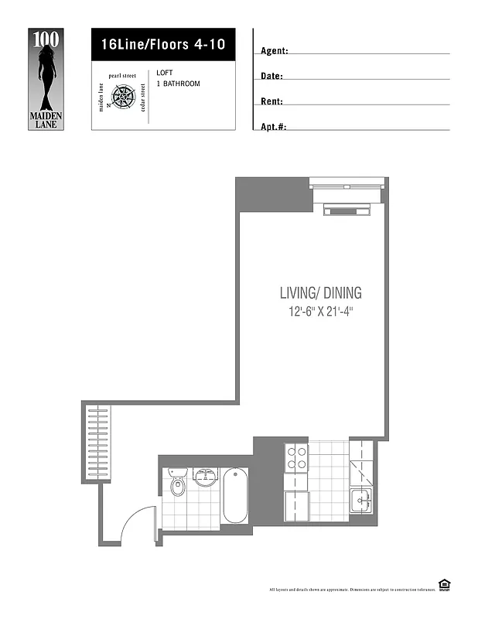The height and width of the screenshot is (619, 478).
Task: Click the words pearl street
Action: point(122,76)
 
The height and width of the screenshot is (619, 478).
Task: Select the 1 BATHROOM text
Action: point(178,84)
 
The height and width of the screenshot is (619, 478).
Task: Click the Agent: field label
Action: point(275,51)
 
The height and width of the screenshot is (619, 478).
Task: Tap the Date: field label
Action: point(271,77)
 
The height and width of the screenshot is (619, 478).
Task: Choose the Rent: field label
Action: point(271,102)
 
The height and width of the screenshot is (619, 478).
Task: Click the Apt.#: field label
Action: point(274,127)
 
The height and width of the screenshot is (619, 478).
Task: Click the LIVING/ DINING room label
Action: point(320,293)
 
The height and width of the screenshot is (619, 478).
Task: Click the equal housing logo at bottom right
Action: point(444,584)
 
